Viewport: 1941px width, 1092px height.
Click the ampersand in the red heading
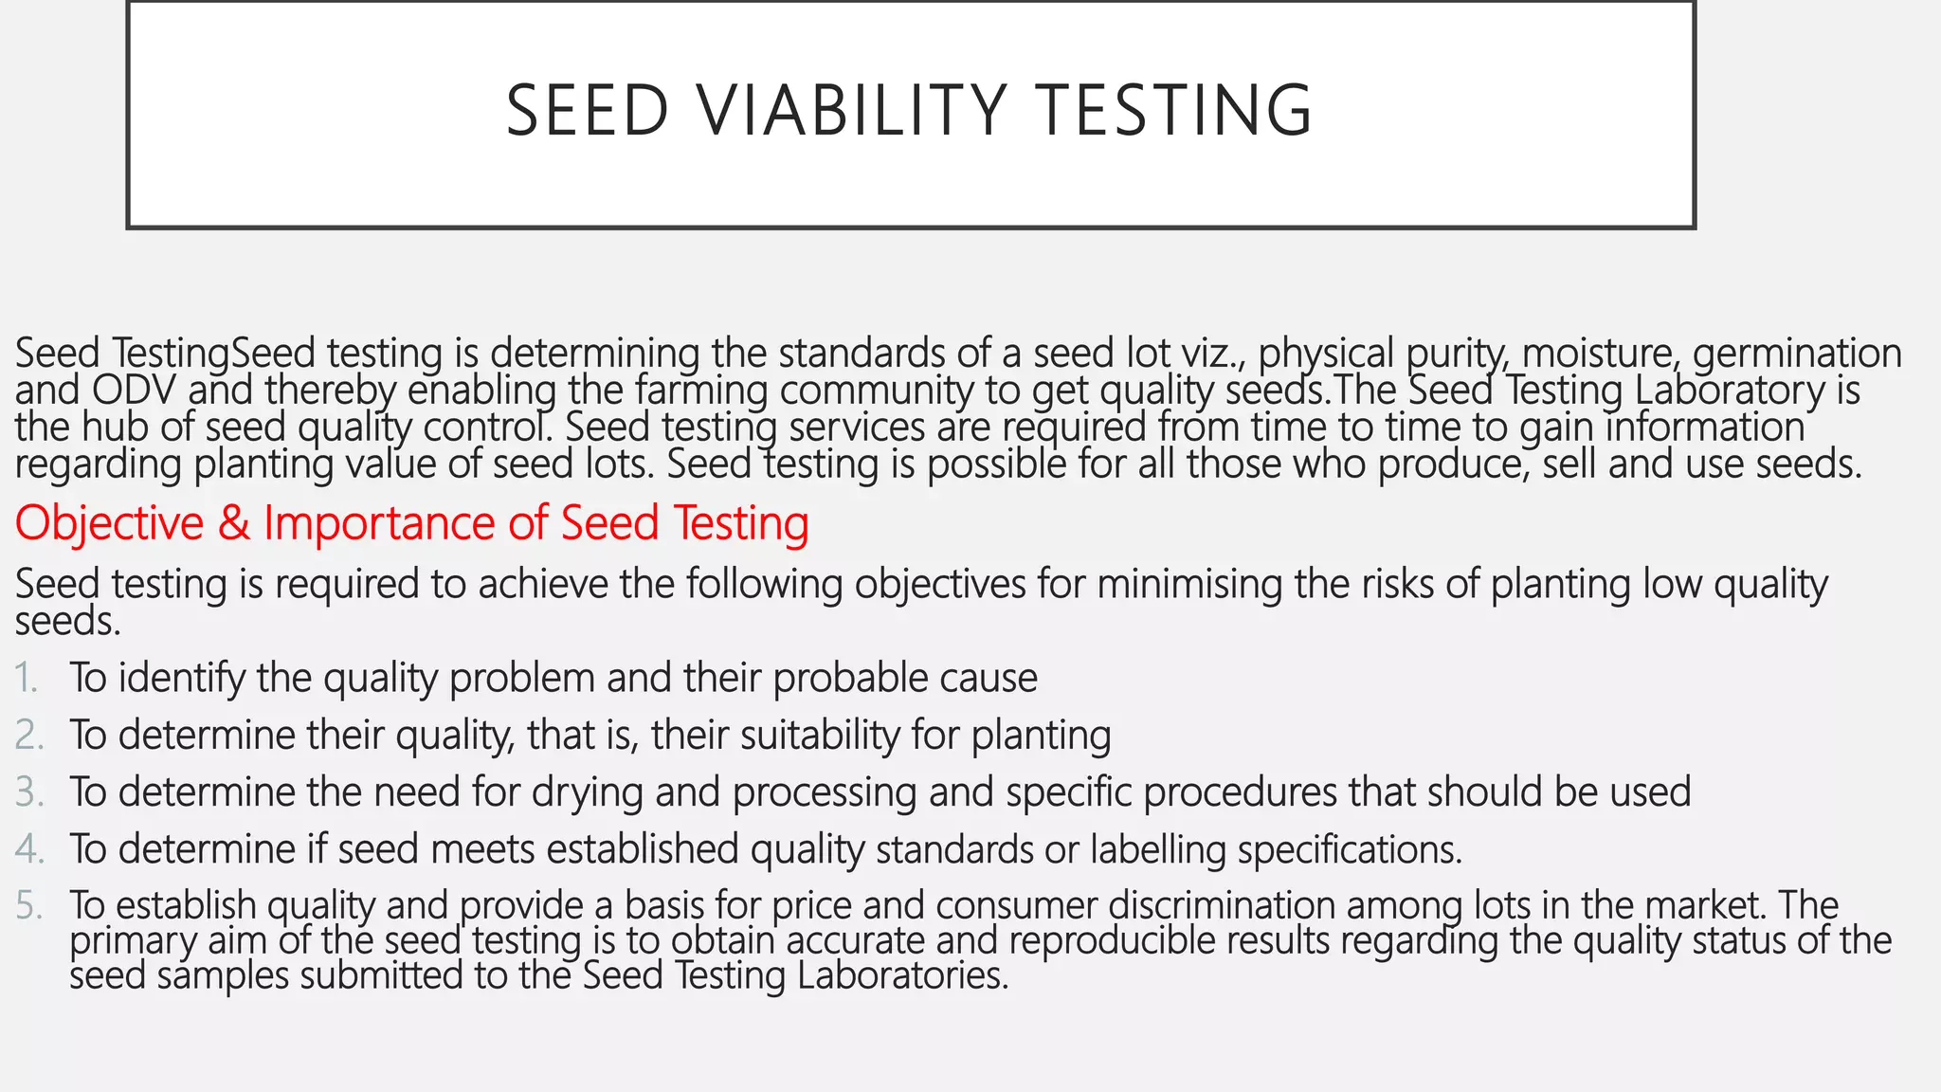233,522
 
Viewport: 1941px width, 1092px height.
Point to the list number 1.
26,678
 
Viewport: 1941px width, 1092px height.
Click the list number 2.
28,735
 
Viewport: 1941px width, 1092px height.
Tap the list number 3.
28,792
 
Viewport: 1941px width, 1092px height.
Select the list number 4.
28,848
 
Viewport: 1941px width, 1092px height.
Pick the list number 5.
28,905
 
